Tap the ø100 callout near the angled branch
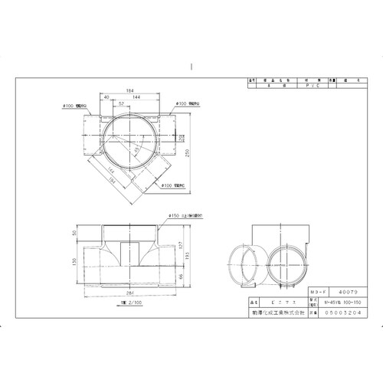[172, 185]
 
